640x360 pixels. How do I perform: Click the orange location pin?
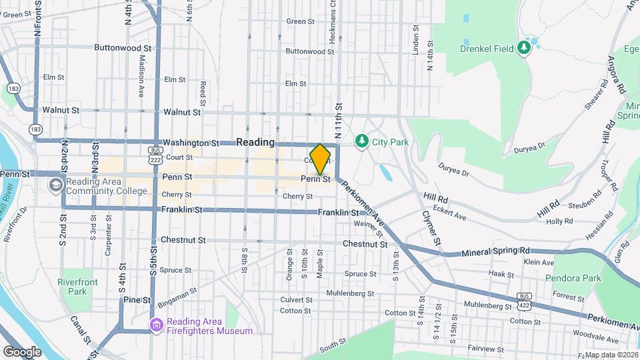(320, 159)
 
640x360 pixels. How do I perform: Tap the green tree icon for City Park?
(362, 141)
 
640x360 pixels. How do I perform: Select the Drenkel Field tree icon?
(524, 47)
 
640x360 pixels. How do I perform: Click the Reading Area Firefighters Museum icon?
(156, 325)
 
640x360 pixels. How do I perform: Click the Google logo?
(22, 351)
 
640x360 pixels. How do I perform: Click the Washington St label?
(191, 143)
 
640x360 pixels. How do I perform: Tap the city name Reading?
(255, 142)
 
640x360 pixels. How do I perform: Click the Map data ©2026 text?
(611, 355)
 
